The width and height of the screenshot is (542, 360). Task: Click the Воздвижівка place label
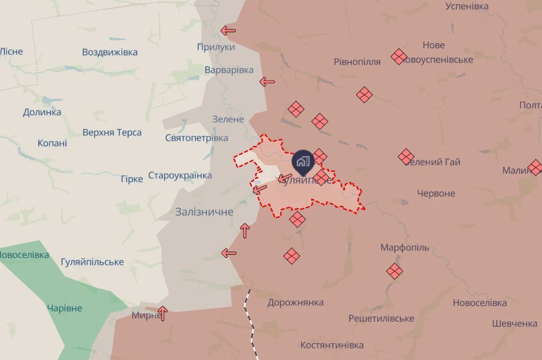tap(109, 52)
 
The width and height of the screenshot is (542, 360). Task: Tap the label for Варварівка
tap(229, 70)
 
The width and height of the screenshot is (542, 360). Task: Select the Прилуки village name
tap(216, 47)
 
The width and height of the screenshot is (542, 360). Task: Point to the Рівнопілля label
tap(357, 61)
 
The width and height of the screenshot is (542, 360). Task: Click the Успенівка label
tap(467, 6)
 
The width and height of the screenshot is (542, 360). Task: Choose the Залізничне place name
tap(204, 212)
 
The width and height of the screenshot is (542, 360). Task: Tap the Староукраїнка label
tap(180, 175)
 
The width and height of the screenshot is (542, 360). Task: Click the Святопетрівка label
tap(196, 138)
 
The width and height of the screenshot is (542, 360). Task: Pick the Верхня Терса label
tap(112, 132)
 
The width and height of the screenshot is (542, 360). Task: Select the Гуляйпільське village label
tap(92, 262)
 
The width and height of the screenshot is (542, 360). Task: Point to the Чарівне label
tap(64, 308)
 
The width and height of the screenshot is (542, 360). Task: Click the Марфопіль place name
tap(405, 248)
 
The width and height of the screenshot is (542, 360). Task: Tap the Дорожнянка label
tap(295, 302)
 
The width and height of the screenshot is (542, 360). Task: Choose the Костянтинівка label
tap(332, 345)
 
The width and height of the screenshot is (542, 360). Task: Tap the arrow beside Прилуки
tap(228, 31)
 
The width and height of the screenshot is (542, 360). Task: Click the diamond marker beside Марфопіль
tap(395, 271)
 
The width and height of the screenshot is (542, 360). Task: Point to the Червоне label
tap(436, 193)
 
